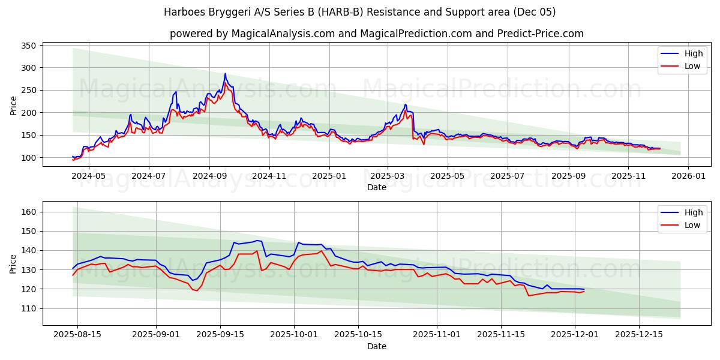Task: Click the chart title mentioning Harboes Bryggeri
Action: [360, 12]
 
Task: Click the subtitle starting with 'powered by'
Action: [376, 34]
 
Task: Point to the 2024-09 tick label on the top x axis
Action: [209, 176]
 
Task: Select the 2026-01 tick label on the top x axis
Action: [688, 176]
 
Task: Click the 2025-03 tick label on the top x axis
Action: [387, 176]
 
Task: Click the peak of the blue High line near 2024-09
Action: [225, 74]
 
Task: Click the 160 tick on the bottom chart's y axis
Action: [30, 212]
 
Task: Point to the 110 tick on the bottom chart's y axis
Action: [30, 308]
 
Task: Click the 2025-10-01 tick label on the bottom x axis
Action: [293, 335]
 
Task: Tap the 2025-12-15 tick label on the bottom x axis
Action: [639, 335]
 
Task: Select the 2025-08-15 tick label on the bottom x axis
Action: [77, 335]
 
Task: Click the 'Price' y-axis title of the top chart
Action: [14, 105]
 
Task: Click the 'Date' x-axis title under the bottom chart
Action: [376, 346]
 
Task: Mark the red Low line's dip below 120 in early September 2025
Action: [197, 290]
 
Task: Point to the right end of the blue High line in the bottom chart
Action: [584, 289]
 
